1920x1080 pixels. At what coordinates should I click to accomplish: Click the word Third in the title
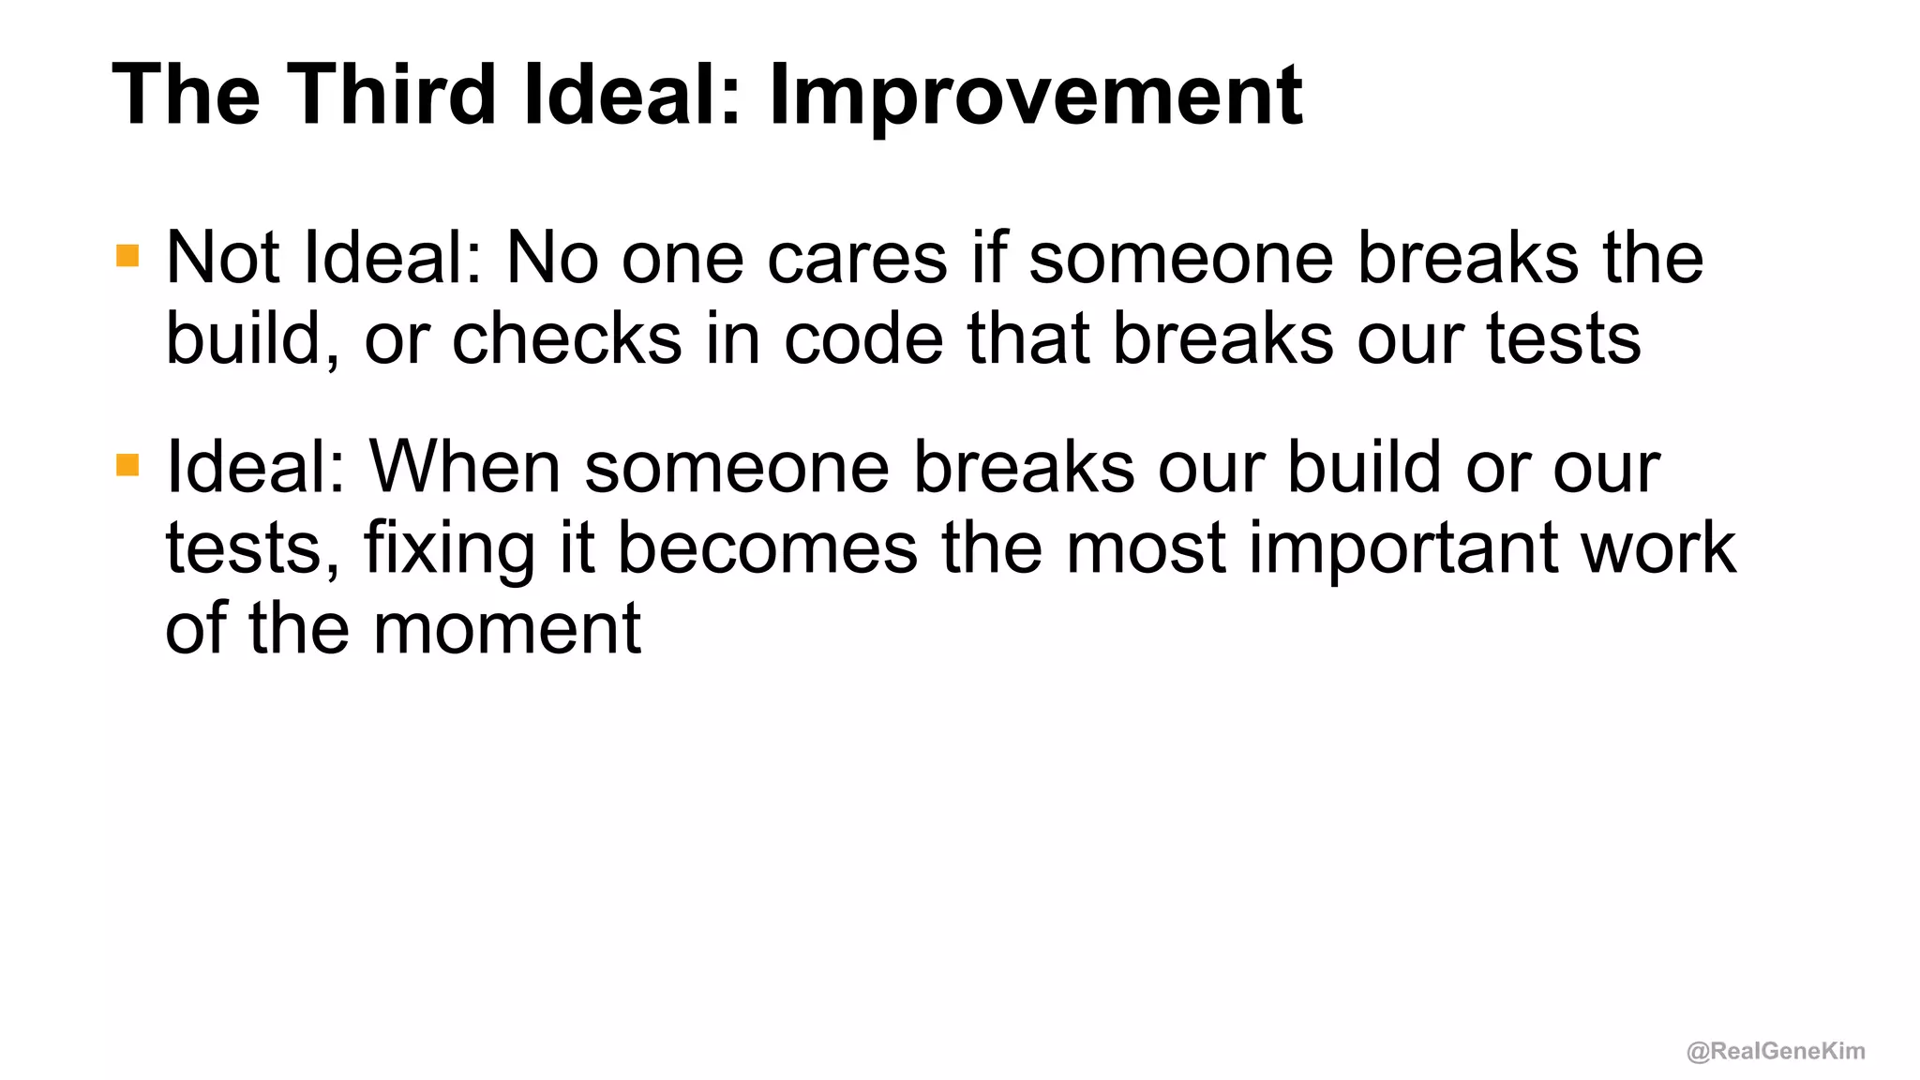pos(392,94)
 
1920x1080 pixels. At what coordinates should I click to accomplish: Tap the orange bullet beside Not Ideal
pos(127,256)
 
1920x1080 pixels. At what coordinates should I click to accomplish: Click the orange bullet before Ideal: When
pos(127,465)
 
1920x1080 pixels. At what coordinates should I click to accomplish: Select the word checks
pos(566,338)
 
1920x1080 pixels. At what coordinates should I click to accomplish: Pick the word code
pos(862,338)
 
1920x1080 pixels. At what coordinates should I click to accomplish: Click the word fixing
pos(448,548)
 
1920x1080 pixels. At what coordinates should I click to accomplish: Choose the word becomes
pos(767,548)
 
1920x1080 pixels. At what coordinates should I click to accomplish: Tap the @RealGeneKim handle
pos(1775,1051)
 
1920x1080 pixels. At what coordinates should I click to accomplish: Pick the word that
pos(1027,338)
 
